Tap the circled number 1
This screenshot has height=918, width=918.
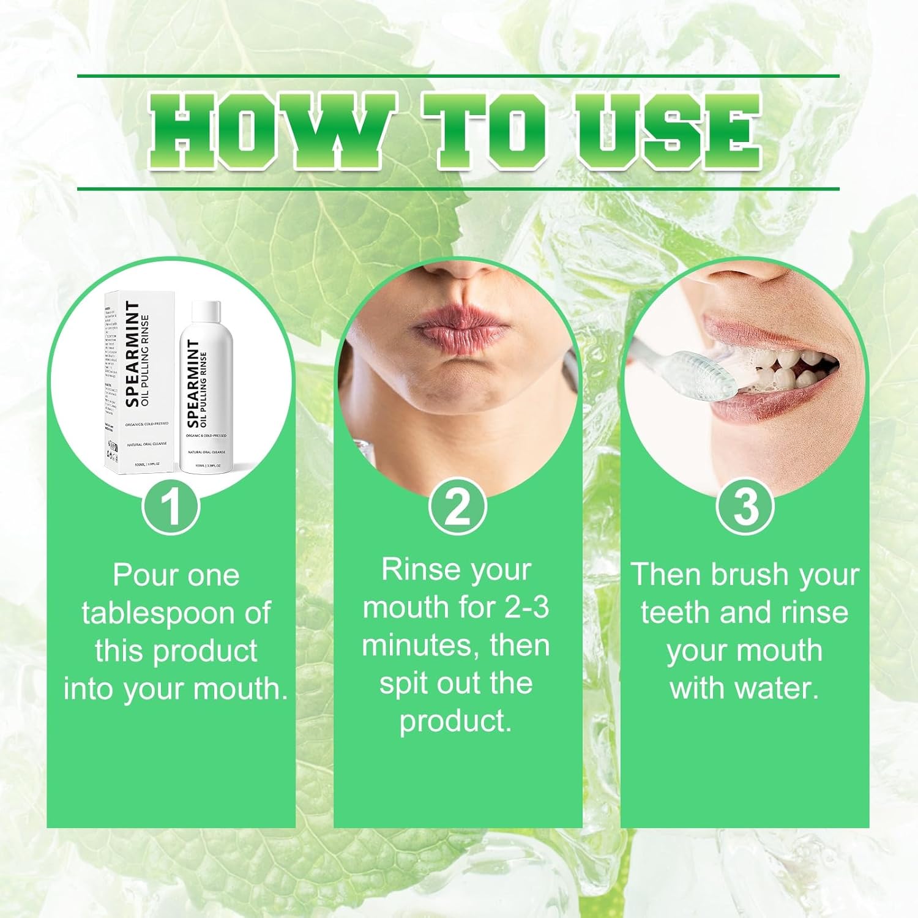pos(171,507)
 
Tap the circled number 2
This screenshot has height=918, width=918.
pos(457,507)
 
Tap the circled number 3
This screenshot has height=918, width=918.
pos(745,507)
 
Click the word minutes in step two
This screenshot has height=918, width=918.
pos(416,646)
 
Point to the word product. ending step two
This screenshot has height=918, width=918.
pos(455,722)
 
